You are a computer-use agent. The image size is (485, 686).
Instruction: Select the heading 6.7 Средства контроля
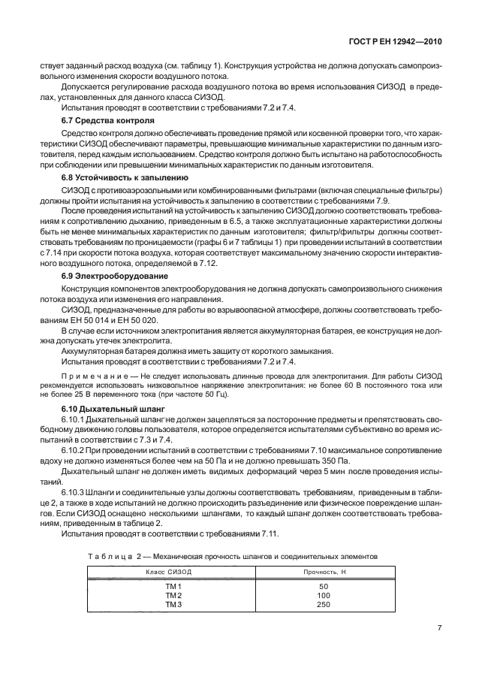107,120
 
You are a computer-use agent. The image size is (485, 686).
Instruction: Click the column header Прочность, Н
324,573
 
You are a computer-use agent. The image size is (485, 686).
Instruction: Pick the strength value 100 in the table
324,594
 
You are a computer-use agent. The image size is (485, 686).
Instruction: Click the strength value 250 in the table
324,603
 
